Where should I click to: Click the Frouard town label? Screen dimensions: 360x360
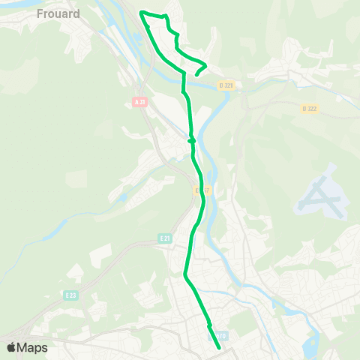[x=59, y=13]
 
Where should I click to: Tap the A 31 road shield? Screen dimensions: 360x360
[x=139, y=101]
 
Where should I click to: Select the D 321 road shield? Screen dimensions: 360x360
[x=226, y=86]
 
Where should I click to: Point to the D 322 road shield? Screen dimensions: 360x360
[x=309, y=109]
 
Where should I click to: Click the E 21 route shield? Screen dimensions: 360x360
[x=165, y=237]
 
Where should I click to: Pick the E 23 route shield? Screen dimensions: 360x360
[x=70, y=295]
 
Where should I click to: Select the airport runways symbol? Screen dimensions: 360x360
[x=320, y=196]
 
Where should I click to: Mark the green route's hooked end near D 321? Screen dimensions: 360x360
[x=196, y=74]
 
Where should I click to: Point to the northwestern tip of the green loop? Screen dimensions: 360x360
[x=141, y=12]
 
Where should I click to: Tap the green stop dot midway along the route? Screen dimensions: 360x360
[x=192, y=139]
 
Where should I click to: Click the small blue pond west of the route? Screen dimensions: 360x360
[x=122, y=198]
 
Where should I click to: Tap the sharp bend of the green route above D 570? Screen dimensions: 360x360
[x=184, y=275]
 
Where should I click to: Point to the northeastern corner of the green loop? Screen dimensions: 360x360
[x=166, y=16]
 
